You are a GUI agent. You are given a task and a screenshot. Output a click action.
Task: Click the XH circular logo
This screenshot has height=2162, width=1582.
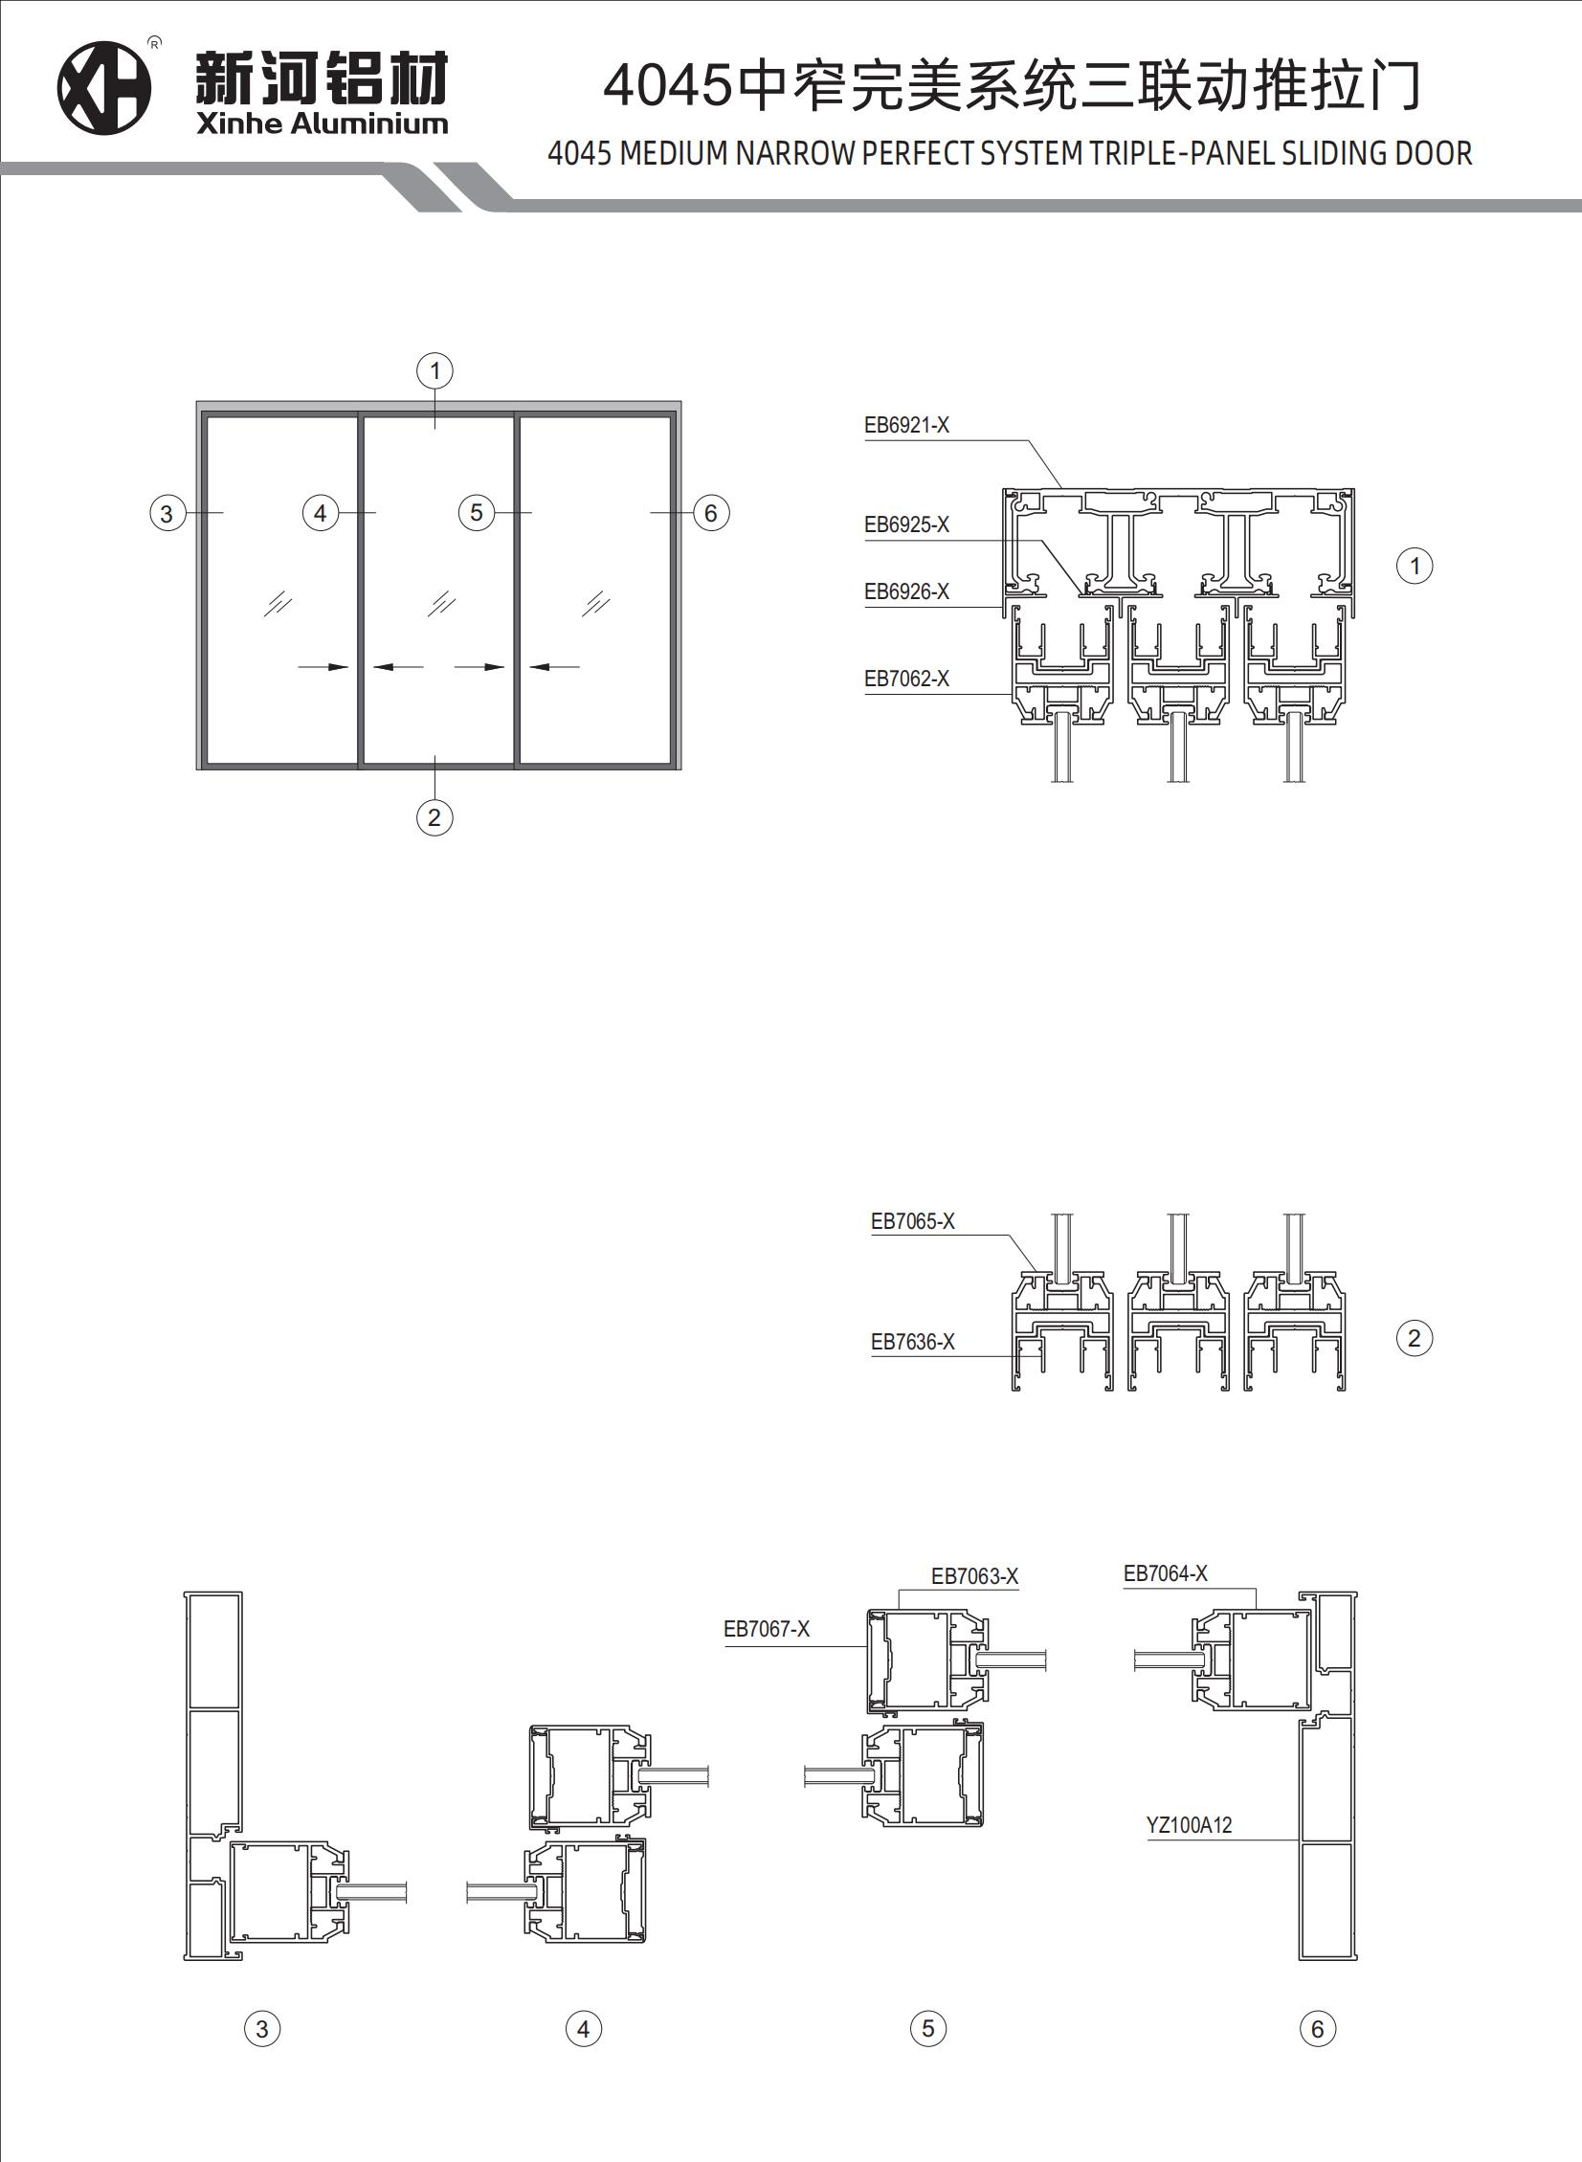(x=104, y=88)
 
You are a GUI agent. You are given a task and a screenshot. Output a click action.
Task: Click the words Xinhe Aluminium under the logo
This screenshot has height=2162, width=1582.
(x=322, y=123)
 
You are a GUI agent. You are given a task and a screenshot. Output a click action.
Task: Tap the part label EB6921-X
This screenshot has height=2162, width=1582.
(x=907, y=425)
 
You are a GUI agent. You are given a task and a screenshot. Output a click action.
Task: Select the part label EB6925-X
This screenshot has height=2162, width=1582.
(x=907, y=524)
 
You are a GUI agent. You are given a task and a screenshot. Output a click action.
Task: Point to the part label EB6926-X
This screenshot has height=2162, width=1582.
(x=907, y=591)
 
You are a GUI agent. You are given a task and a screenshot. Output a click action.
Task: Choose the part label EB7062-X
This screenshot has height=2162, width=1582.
(x=907, y=679)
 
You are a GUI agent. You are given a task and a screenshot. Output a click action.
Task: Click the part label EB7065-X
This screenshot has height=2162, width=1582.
(x=913, y=1221)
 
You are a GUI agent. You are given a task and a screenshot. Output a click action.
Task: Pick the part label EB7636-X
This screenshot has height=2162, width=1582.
(x=913, y=1342)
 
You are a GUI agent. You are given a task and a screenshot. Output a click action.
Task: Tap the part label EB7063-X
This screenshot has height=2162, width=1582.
(x=975, y=1576)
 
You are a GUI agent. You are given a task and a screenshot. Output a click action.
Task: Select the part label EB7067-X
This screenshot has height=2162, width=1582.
(x=767, y=1629)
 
